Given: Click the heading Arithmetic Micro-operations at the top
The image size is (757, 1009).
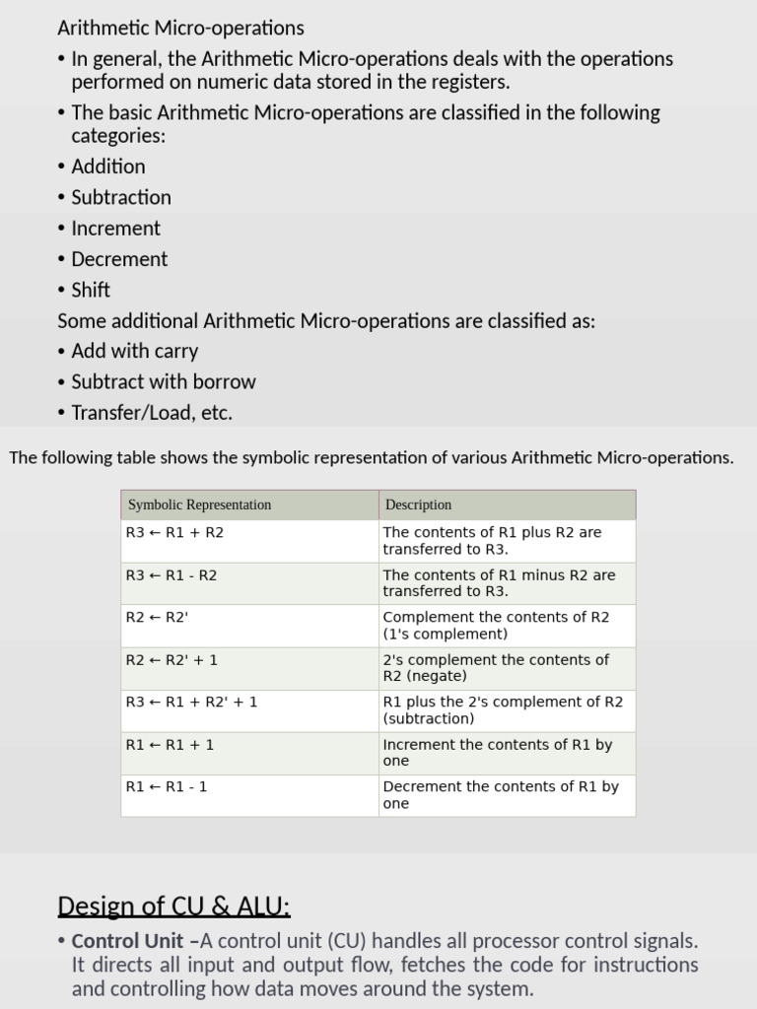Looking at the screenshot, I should (180, 29).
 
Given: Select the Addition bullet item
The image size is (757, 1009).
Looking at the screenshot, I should (107, 167).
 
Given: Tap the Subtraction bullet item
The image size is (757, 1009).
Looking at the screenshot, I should (121, 197).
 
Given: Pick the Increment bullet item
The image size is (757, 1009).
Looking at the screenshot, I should (115, 228).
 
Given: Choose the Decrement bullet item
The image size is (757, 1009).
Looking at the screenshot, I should (119, 259).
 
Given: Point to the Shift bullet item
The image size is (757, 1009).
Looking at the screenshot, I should (91, 290).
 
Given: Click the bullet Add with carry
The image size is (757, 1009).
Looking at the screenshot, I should (134, 351).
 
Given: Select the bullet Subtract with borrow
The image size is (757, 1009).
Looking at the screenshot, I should (163, 381).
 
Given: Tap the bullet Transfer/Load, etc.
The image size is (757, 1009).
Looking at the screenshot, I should (152, 413).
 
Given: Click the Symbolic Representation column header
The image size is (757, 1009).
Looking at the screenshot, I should (199, 504).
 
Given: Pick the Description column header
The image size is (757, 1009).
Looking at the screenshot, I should (418, 504).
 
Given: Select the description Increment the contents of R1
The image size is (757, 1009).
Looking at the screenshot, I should (498, 753).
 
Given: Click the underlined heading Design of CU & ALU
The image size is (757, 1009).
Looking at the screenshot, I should (173, 906).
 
